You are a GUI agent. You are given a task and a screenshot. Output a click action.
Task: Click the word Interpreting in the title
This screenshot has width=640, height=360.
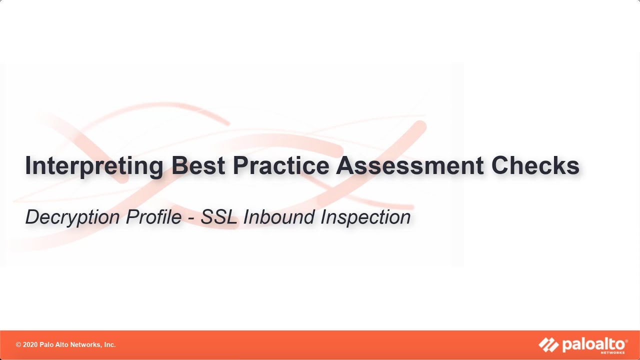coord(94,166)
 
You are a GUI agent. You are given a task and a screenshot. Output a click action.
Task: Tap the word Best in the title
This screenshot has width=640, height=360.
coord(198,166)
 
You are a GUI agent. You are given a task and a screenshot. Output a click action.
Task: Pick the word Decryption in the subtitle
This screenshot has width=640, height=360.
coord(72,217)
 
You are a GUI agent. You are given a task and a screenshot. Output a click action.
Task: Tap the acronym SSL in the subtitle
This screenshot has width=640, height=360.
coord(219,217)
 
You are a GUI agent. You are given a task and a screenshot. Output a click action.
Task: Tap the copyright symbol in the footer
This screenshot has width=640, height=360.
coord(18,345)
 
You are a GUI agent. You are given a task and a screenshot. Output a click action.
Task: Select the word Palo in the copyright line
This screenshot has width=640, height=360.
coord(49,345)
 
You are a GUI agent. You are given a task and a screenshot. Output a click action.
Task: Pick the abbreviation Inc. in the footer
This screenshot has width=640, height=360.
coord(109,345)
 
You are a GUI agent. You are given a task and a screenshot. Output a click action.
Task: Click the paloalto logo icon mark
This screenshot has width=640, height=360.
coord(548,344)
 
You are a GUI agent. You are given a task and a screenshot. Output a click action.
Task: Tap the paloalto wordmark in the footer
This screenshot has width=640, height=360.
coord(593,344)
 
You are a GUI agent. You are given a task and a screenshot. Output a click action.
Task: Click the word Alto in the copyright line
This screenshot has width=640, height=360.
coord(64,345)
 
